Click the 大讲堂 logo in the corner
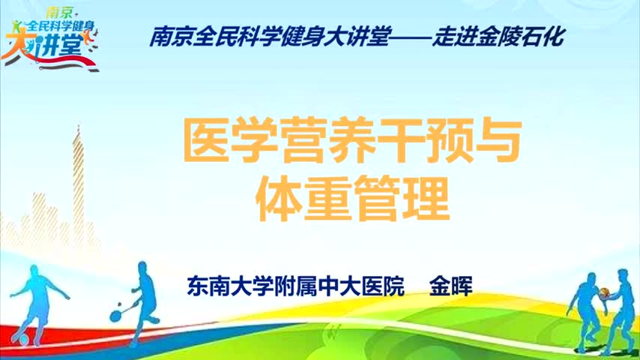[49, 39]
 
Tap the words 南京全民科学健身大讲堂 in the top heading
[271, 37]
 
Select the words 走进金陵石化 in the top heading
[498, 37]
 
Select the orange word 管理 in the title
[401, 199]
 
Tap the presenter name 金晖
[450, 286]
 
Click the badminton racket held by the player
[120, 312]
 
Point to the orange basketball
[604, 293]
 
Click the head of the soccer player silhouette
[34, 271]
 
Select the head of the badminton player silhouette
[142, 268]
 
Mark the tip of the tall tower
[79, 126]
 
